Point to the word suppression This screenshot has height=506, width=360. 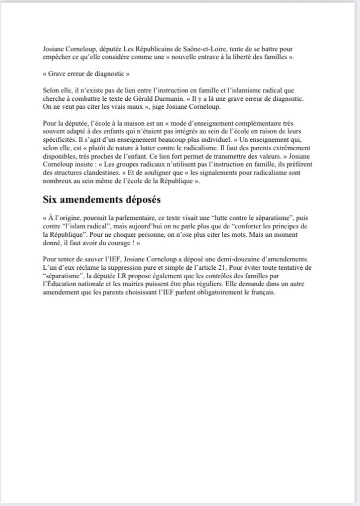[118, 267]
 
